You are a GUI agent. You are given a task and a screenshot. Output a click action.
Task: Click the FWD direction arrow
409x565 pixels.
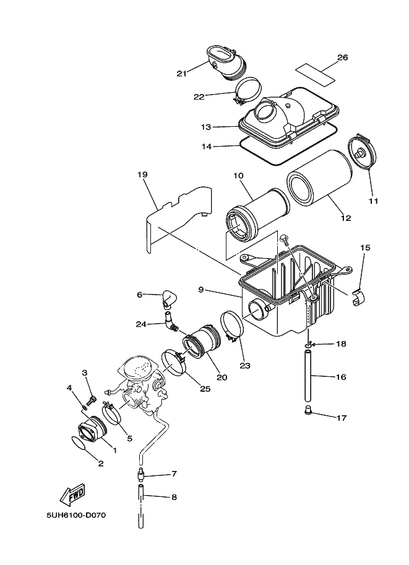click(72, 494)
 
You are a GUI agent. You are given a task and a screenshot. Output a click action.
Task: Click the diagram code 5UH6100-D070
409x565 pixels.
click(76, 515)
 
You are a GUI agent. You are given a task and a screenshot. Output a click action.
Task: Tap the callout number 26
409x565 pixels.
click(343, 58)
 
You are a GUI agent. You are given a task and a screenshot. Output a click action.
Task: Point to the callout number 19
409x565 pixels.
click(142, 175)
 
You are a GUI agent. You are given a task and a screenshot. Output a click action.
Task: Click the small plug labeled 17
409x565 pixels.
click(309, 410)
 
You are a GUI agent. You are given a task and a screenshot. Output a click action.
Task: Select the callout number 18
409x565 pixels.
click(341, 343)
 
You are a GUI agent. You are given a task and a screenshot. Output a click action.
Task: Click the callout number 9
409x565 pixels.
click(201, 290)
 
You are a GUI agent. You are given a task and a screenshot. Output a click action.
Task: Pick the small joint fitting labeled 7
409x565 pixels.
click(140, 475)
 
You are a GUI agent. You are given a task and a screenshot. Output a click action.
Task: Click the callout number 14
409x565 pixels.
click(207, 147)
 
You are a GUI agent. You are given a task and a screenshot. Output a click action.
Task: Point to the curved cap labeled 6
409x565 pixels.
click(169, 299)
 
